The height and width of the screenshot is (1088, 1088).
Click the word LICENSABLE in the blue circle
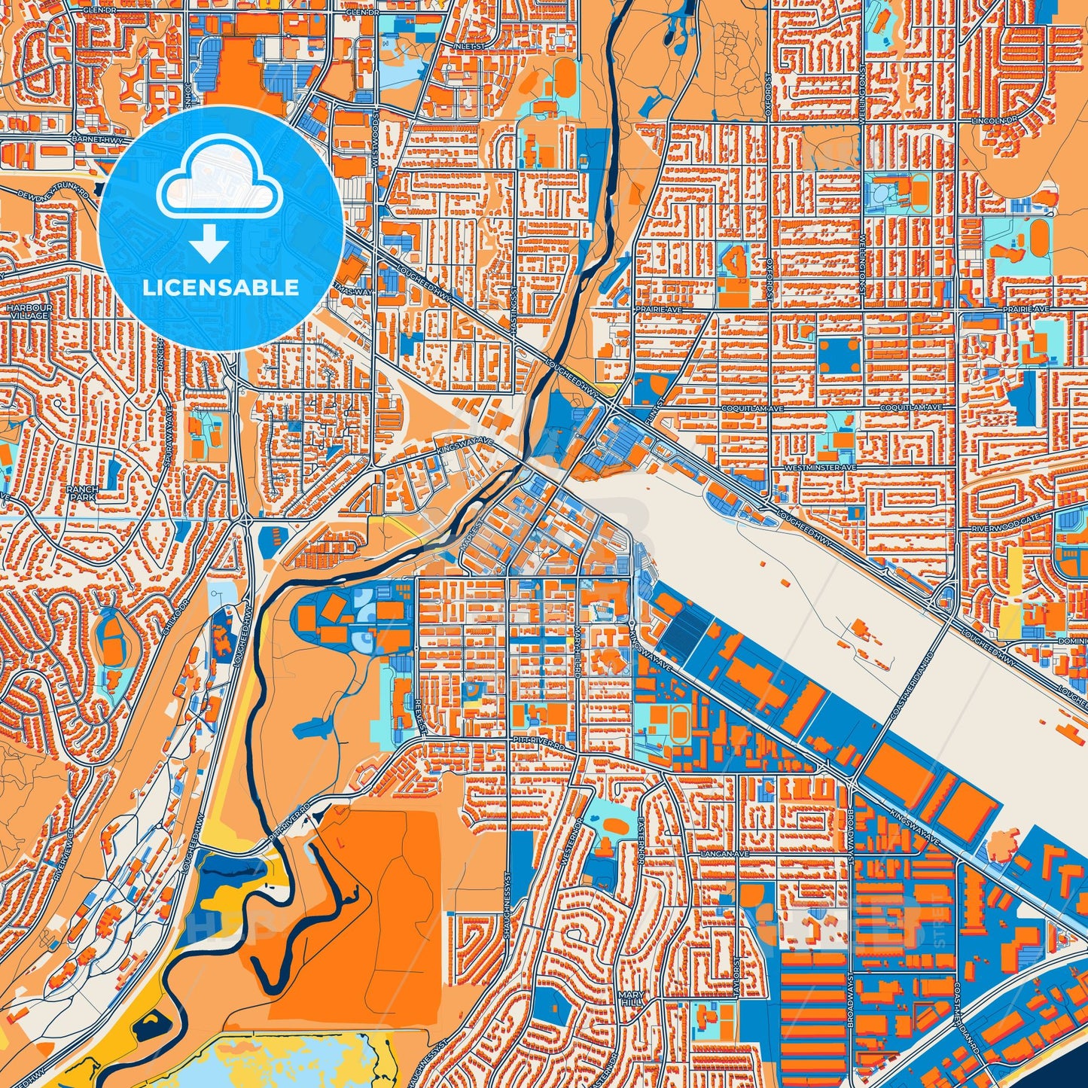point(221,288)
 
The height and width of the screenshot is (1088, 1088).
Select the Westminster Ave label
point(820,468)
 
